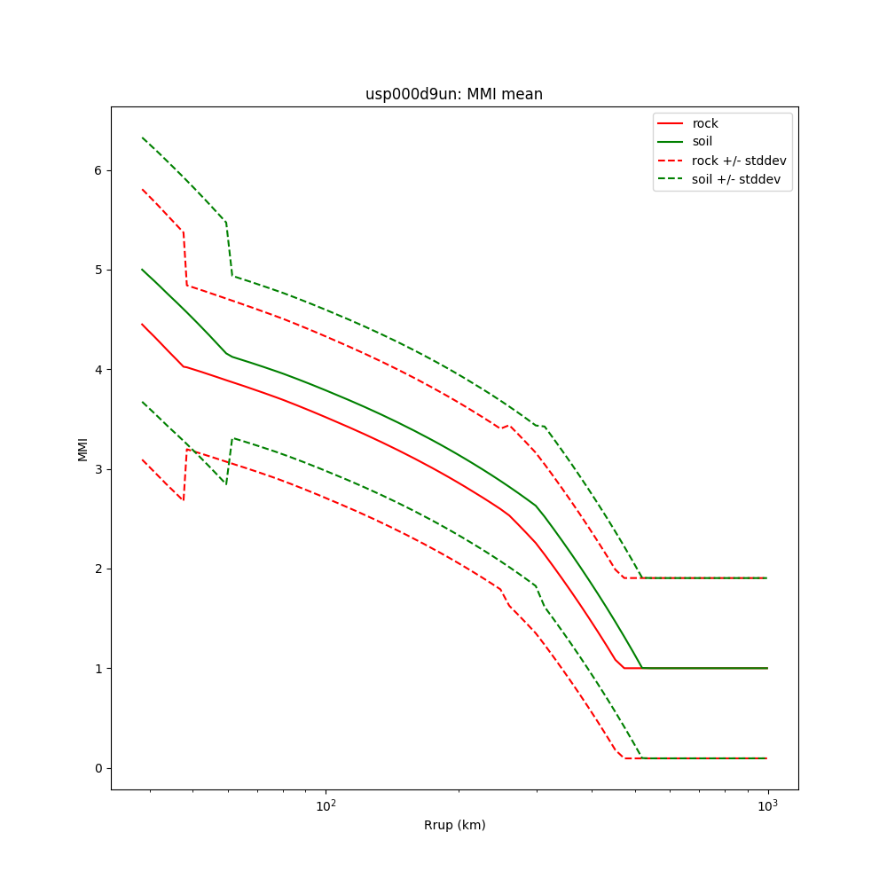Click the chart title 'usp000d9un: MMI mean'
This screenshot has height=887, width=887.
[x=454, y=94]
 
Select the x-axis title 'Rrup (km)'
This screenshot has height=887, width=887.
[x=454, y=825]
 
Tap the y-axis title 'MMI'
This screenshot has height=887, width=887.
[x=82, y=448]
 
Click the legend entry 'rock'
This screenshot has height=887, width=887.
[x=705, y=123]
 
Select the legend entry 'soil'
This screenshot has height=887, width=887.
[x=703, y=142]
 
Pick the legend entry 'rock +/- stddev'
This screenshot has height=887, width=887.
[x=739, y=161]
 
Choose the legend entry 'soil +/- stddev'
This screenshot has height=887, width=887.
[x=738, y=179]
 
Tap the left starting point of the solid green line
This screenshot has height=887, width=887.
[x=142, y=270]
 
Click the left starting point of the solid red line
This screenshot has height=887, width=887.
[x=142, y=325]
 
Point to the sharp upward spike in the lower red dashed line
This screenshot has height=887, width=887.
[x=187, y=450]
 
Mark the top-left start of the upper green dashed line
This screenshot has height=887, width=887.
[x=142, y=137]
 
